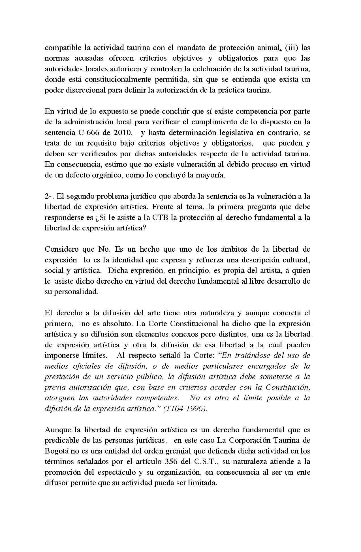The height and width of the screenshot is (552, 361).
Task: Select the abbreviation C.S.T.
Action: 206,462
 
